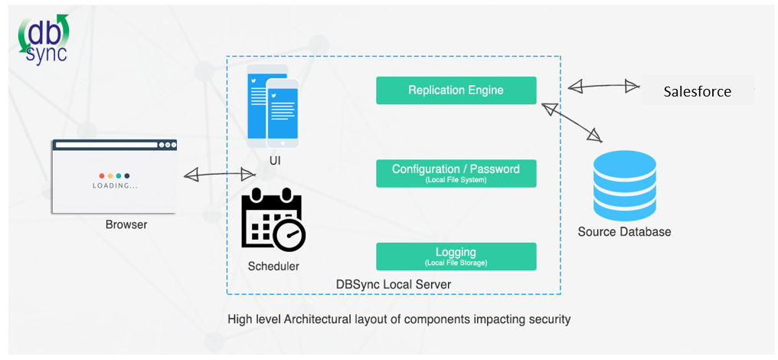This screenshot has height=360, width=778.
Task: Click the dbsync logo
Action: pyautogui.click(x=44, y=41)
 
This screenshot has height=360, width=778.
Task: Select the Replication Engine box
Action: pyautogui.click(x=456, y=90)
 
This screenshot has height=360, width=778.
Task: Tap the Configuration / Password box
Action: pyautogui.click(x=456, y=173)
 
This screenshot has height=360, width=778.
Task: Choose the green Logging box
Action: pyautogui.click(x=456, y=256)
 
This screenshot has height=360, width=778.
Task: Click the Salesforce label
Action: pyautogui.click(x=697, y=92)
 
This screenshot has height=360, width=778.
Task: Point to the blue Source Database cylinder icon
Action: pyautogui.click(x=625, y=183)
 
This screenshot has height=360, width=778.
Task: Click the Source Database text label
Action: pyautogui.click(x=624, y=232)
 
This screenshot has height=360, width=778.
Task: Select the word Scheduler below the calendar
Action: pyautogui.click(x=273, y=267)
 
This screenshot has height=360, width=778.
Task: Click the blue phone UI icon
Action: pyautogui.click(x=273, y=110)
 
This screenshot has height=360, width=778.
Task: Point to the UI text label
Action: pyautogui.click(x=275, y=161)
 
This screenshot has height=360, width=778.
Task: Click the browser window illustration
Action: pyautogui.click(x=114, y=175)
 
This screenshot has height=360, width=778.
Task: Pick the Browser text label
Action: pyautogui.click(x=126, y=225)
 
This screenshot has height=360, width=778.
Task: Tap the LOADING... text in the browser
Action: pyautogui.click(x=115, y=185)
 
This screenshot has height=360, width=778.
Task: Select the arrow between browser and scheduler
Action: pyautogui.click(x=220, y=175)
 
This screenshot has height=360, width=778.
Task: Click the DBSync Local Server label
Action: pyautogui.click(x=394, y=285)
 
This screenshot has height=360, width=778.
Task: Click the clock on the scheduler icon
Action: pyautogui.click(x=290, y=234)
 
